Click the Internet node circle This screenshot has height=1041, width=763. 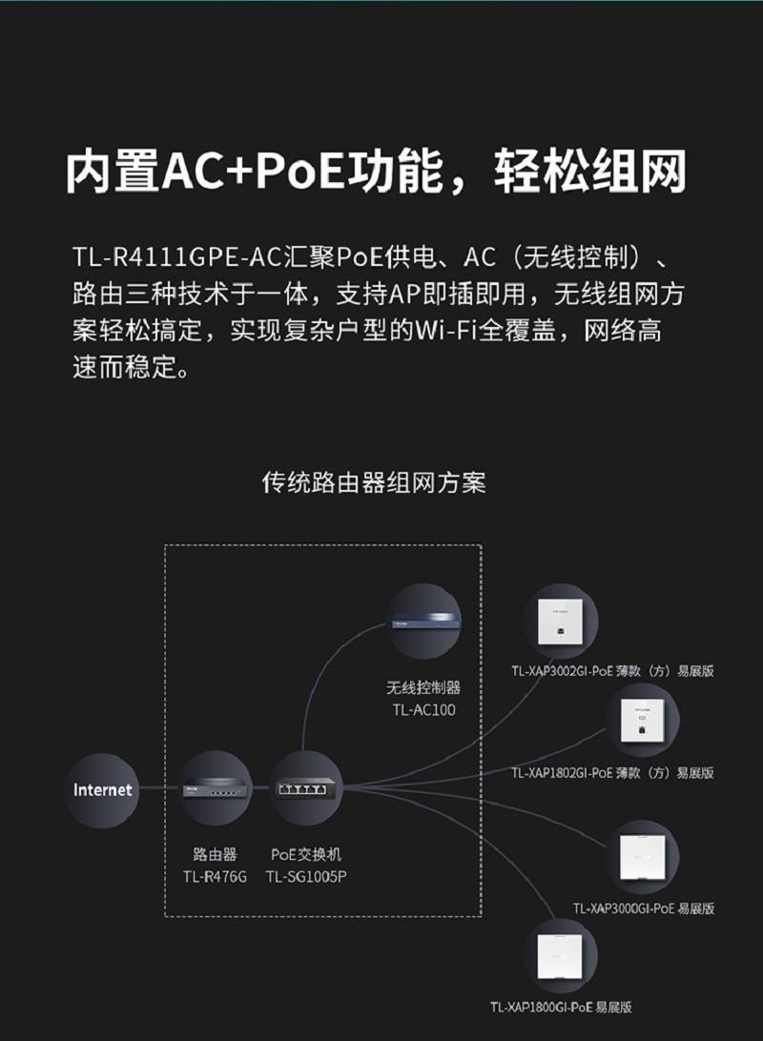tap(102, 789)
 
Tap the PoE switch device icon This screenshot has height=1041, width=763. tap(306, 789)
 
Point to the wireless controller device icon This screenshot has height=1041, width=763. tap(424, 623)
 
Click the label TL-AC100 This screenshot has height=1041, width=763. tap(423, 709)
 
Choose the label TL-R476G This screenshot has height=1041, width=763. tap(216, 876)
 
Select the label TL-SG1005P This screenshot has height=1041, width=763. tap(306, 876)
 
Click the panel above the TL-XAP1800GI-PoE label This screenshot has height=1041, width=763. tap(559, 956)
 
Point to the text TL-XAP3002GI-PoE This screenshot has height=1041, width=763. tap(562, 670)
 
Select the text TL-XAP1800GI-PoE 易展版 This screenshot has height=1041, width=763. tap(561, 1007)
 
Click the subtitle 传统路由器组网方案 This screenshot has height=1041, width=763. tap(373, 482)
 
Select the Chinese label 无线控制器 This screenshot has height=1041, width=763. tap(423, 687)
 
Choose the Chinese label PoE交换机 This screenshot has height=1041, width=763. tap(306, 854)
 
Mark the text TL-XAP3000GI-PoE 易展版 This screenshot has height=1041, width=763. tap(644, 908)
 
